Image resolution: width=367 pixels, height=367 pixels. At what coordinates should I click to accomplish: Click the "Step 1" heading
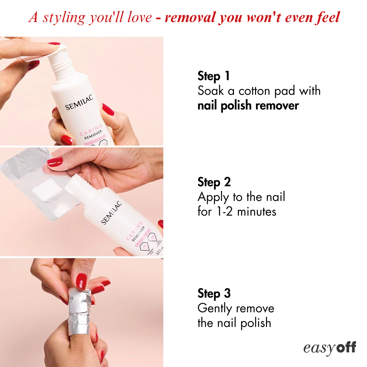[x=213, y=76]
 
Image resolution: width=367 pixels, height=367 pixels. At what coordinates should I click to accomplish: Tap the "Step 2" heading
[x=214, y=182]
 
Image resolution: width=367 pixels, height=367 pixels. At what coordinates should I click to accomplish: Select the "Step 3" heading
[x=214, y=294]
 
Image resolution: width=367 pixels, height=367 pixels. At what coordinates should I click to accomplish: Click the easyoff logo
[x=329, y=348]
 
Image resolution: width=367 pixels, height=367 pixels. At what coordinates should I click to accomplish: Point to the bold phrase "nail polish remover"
[x=248, y=106]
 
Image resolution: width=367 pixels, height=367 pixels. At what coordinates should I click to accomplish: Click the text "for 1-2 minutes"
[x=237, y=212]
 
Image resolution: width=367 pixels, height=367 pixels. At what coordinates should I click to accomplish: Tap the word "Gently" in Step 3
[x=215, y=308]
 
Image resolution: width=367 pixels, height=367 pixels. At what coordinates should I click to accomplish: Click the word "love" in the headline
[x=139, y=17]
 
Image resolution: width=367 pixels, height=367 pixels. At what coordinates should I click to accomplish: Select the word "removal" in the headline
[x=190, y=17]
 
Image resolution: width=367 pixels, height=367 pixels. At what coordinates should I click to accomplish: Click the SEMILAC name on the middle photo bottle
[x=111, y=213]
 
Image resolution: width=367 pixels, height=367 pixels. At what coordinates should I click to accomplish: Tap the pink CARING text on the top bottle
[x=91, y=130]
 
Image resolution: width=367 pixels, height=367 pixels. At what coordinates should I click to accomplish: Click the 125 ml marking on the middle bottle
[x=159, y=251]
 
